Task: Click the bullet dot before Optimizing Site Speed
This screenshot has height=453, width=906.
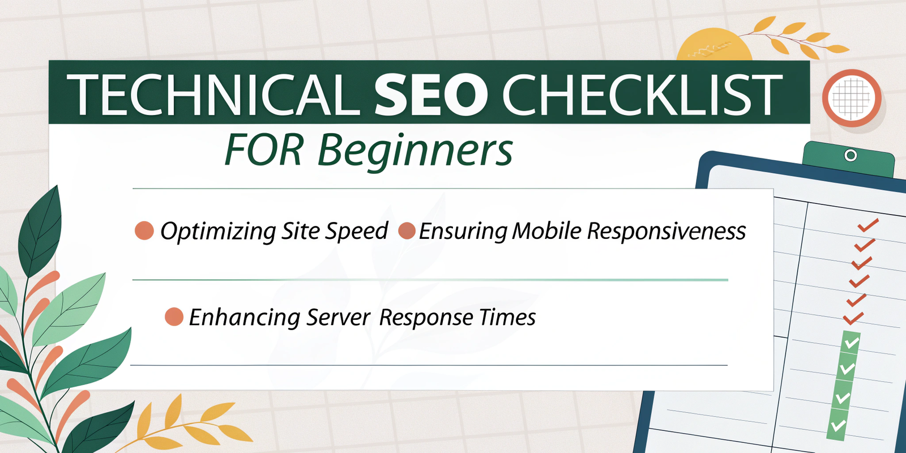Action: [144, 230]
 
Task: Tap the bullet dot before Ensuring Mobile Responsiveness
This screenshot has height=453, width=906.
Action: [407, 230]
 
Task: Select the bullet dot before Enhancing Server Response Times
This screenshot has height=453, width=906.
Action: [174, 317]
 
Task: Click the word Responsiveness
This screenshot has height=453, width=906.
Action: [666, 232]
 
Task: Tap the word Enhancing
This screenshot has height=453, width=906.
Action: [244, 318]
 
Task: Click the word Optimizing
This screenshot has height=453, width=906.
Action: [218, 232]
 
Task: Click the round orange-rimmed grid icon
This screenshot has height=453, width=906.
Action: [852, 99]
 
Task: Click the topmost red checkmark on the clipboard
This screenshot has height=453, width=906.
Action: [867, 225]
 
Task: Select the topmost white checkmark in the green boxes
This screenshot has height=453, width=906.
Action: [852, 343]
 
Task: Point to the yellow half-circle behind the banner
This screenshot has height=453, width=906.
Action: [714, 45]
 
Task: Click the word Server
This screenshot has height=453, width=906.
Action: [338, 318]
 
